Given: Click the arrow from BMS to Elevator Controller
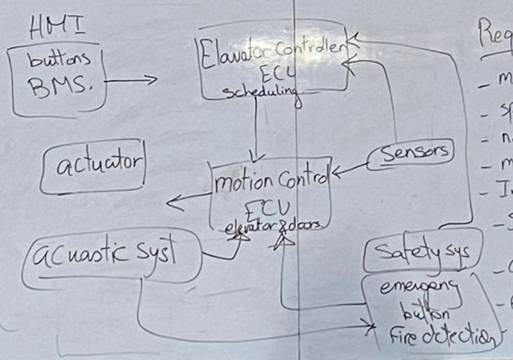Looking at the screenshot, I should pos(132,79).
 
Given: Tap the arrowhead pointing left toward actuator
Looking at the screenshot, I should pos(172,203).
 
